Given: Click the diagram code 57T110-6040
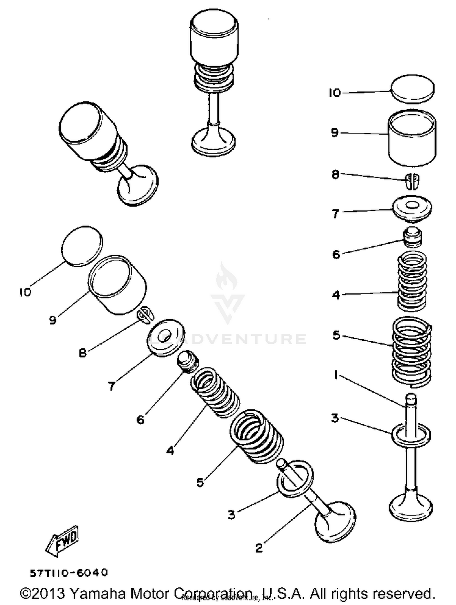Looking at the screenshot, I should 69,573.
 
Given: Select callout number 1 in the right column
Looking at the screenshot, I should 336,375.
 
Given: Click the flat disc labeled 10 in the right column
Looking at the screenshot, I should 412,89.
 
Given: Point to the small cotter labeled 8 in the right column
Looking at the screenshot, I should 412,181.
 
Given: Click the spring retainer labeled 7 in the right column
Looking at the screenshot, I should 412,208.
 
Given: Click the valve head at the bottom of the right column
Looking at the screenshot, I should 411,507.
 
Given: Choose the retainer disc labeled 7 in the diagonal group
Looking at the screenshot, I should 166,337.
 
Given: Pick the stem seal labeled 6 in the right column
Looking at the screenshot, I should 412,237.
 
